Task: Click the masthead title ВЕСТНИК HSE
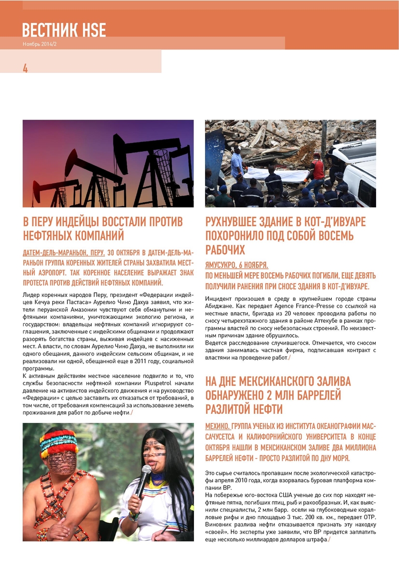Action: (64, 30)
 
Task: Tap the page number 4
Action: (25, 69)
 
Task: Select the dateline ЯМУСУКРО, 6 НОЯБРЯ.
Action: (236, 265)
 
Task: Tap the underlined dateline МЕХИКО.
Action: (217, 427)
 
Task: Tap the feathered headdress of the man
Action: (59, 441)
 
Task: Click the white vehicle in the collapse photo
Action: (356, 170)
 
